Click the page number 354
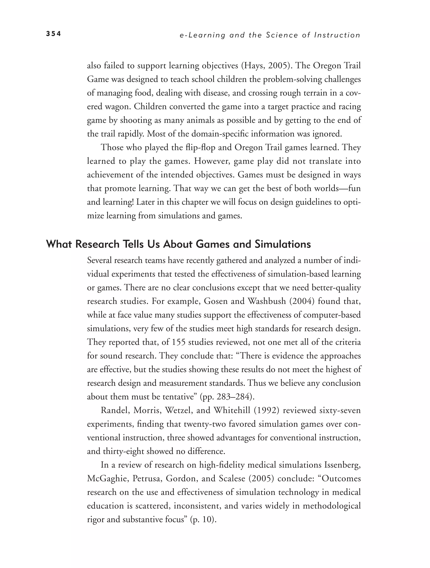tap(53, 34)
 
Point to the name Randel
tap(114, 410)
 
